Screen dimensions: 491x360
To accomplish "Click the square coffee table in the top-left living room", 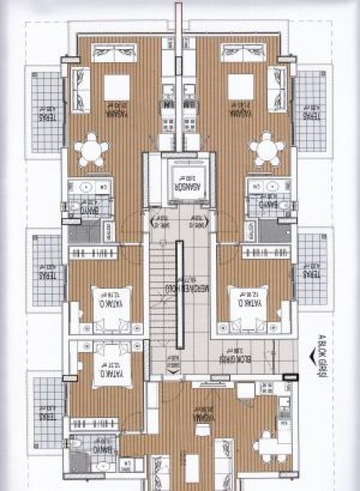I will (117, 86).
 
